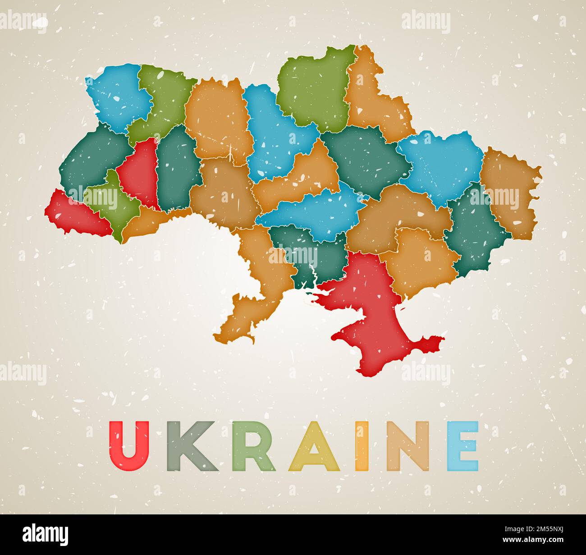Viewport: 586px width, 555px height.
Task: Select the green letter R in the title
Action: (252, 446)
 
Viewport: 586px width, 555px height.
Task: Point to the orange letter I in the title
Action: (362, 446)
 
